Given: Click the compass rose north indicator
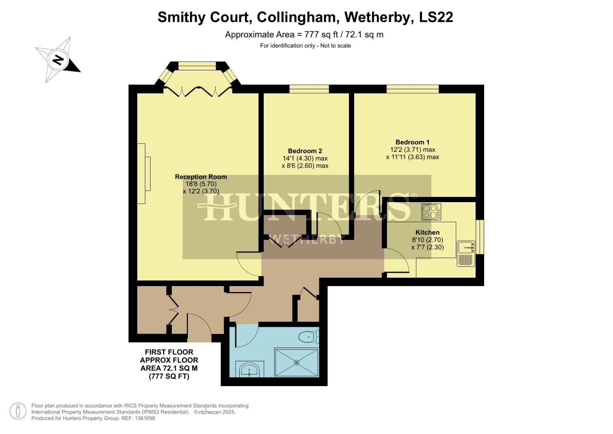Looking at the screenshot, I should tap(59, 60).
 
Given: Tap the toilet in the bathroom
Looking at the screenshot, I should tap(309, 336).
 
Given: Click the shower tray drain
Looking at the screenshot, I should tap(297, 362).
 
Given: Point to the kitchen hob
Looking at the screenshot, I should tap(431, 212).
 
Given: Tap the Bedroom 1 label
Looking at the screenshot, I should tap(412, 142).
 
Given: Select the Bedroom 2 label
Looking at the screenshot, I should tap(305, 151).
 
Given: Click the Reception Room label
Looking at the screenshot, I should tap(201, 177).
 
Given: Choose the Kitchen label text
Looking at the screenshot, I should tap(427, 232).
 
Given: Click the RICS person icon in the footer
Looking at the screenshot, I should tap(18, 411).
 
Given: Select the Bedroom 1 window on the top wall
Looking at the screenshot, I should tap(413, 89).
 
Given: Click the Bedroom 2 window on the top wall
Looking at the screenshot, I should tap(309, 89).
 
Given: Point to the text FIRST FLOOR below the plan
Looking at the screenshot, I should tap(169, 352).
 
